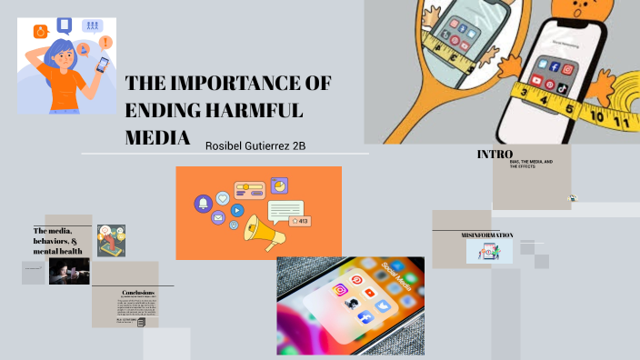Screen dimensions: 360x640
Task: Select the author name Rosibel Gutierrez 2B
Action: click(255, 145)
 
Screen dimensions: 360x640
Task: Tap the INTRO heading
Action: click(495, 155)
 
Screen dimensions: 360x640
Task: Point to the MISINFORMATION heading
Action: click(487, 235)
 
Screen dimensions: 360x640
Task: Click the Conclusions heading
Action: click(139, 292)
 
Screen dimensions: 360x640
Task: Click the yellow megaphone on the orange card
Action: click(264, 231)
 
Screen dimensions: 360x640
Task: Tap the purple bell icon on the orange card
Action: click(202, 203)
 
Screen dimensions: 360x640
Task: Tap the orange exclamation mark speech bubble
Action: click(106, 42)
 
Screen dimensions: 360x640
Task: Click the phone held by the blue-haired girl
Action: click(101, 65)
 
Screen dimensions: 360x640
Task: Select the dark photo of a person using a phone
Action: click(69, 271)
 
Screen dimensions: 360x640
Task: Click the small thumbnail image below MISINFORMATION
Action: click(489, 252)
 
